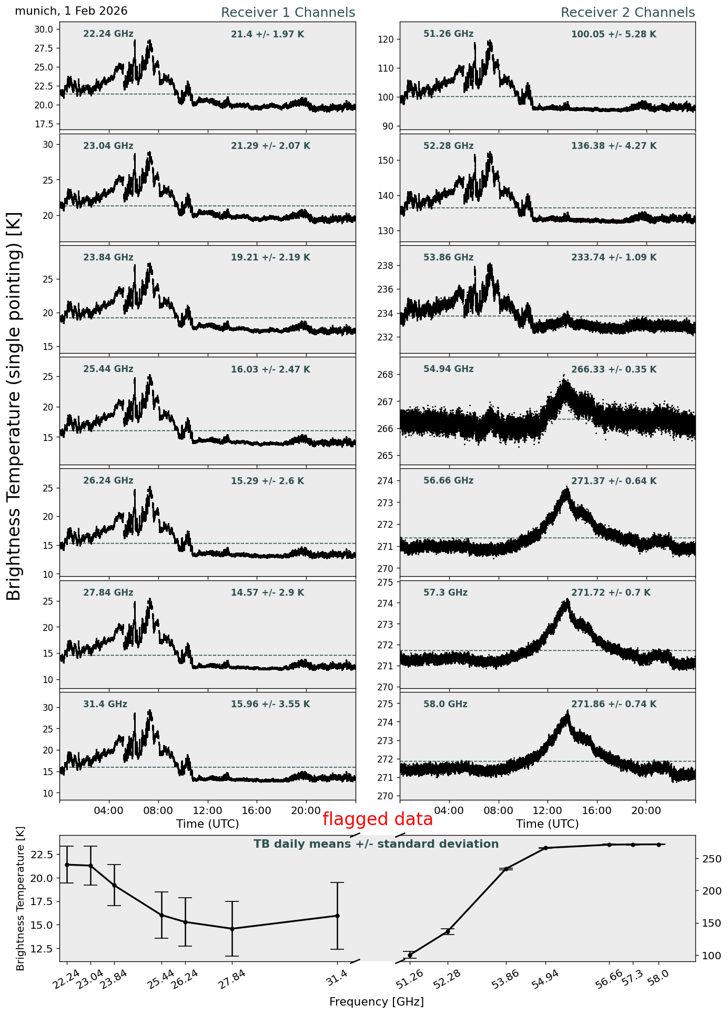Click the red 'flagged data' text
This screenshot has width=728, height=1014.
click(377, 819)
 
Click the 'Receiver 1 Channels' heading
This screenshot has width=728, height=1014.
click(288, 13)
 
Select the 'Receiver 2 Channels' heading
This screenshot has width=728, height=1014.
click(628, 13)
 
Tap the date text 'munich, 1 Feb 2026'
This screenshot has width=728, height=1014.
click(71, 11)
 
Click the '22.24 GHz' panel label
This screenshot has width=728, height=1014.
click(108, 34)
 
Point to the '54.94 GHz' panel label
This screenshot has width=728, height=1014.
click(448, 369)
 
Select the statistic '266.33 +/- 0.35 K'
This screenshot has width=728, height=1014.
click(613, 369)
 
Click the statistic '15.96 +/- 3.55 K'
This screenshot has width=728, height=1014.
click(270, 704)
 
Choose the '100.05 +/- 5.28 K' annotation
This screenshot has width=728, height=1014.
click(613, 35)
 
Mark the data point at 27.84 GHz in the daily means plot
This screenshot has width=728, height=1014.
click(232, 929)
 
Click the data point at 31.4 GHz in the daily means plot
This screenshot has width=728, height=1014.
click(337, 916)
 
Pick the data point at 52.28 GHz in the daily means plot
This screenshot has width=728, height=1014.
click(448, 931)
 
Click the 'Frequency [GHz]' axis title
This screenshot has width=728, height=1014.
click(376, 1001)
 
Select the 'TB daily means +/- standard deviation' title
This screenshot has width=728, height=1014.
click(376, 844)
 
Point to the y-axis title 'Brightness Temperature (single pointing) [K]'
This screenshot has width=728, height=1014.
click(14, 406)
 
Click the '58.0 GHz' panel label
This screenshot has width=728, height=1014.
click(445, 704)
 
